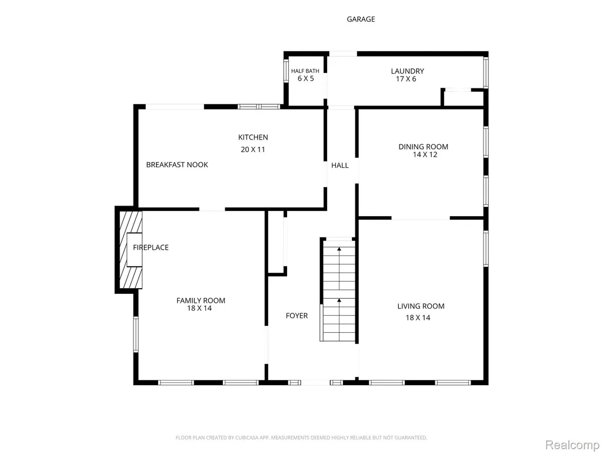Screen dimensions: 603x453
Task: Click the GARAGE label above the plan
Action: (361, 19)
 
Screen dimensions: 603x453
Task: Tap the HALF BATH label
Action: (305, 71)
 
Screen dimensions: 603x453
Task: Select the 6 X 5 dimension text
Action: (306, 78)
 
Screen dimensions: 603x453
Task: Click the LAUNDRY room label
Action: (407, 71)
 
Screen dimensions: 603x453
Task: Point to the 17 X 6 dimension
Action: (406, 79)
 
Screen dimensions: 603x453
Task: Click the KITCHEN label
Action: (253, 137)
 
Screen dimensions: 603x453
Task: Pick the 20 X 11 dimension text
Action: (253, 150)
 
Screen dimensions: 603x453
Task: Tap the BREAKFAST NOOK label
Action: (177, 165)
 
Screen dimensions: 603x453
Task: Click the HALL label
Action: (340, 166)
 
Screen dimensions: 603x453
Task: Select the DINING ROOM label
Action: (423, 147)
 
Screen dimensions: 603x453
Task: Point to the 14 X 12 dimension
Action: (425, 155)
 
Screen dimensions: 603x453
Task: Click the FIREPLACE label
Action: (151, 247)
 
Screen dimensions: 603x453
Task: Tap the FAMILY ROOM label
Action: (201, 300)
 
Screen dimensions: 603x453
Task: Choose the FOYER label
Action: (296, 316)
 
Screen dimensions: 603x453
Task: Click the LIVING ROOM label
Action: (421, 306)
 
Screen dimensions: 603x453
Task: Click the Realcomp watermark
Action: (572, 445)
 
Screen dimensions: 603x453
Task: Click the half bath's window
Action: (286, 71)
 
